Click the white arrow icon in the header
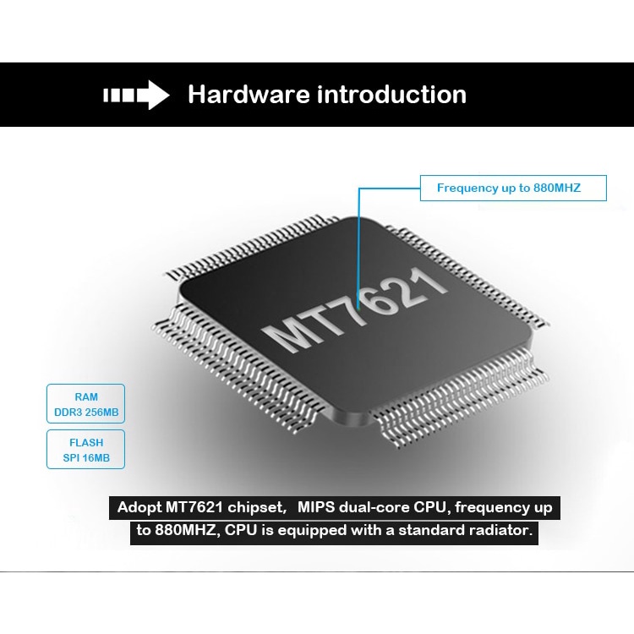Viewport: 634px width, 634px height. point(136,95)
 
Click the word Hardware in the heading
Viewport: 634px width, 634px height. point(249,94)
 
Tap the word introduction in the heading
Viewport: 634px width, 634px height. point(391,94)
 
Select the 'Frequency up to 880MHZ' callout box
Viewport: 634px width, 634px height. point(513,188)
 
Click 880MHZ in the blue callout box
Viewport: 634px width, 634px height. point(557,188)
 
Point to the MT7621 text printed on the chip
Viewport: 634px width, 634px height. point(355,309)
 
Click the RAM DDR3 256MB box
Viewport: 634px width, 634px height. point(85,403)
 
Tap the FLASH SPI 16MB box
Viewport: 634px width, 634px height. point(85,449)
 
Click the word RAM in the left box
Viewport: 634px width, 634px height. point(86,397)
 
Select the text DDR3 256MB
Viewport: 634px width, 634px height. point(86,413)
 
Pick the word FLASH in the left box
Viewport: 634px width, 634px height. point(86,443)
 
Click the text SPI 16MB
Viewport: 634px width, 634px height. point(86,458)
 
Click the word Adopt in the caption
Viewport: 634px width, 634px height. point(139,508)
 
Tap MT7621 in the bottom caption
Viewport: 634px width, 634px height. point(194,507)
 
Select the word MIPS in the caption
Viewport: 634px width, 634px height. point(316,507)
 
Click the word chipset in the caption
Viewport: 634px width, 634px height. point(257,508)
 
